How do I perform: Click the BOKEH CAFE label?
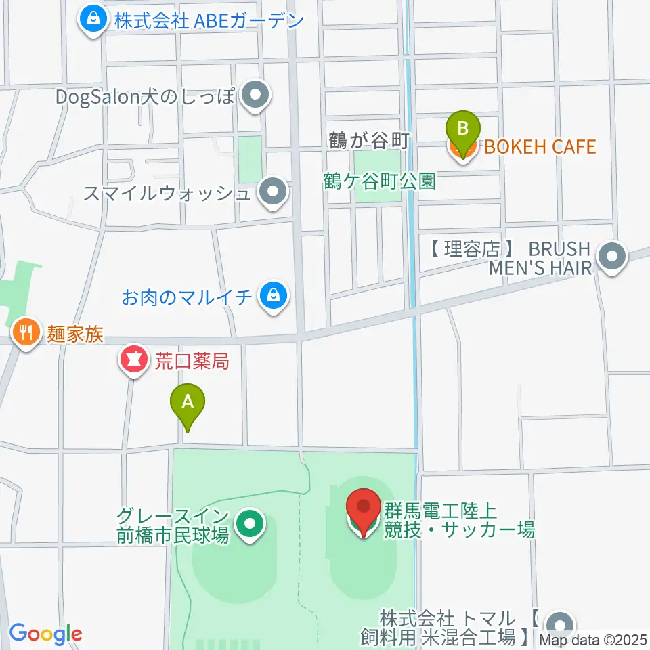pos(539,146)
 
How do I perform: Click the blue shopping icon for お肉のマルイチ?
pos(272,296)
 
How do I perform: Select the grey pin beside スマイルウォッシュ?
pos(273,193)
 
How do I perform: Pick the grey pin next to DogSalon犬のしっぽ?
pos(255,96)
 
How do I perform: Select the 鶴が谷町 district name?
pos(369,141)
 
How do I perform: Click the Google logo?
pos(45,634)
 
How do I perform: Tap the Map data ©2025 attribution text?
pos(594,640)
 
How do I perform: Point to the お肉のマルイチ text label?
pos(188,297)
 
